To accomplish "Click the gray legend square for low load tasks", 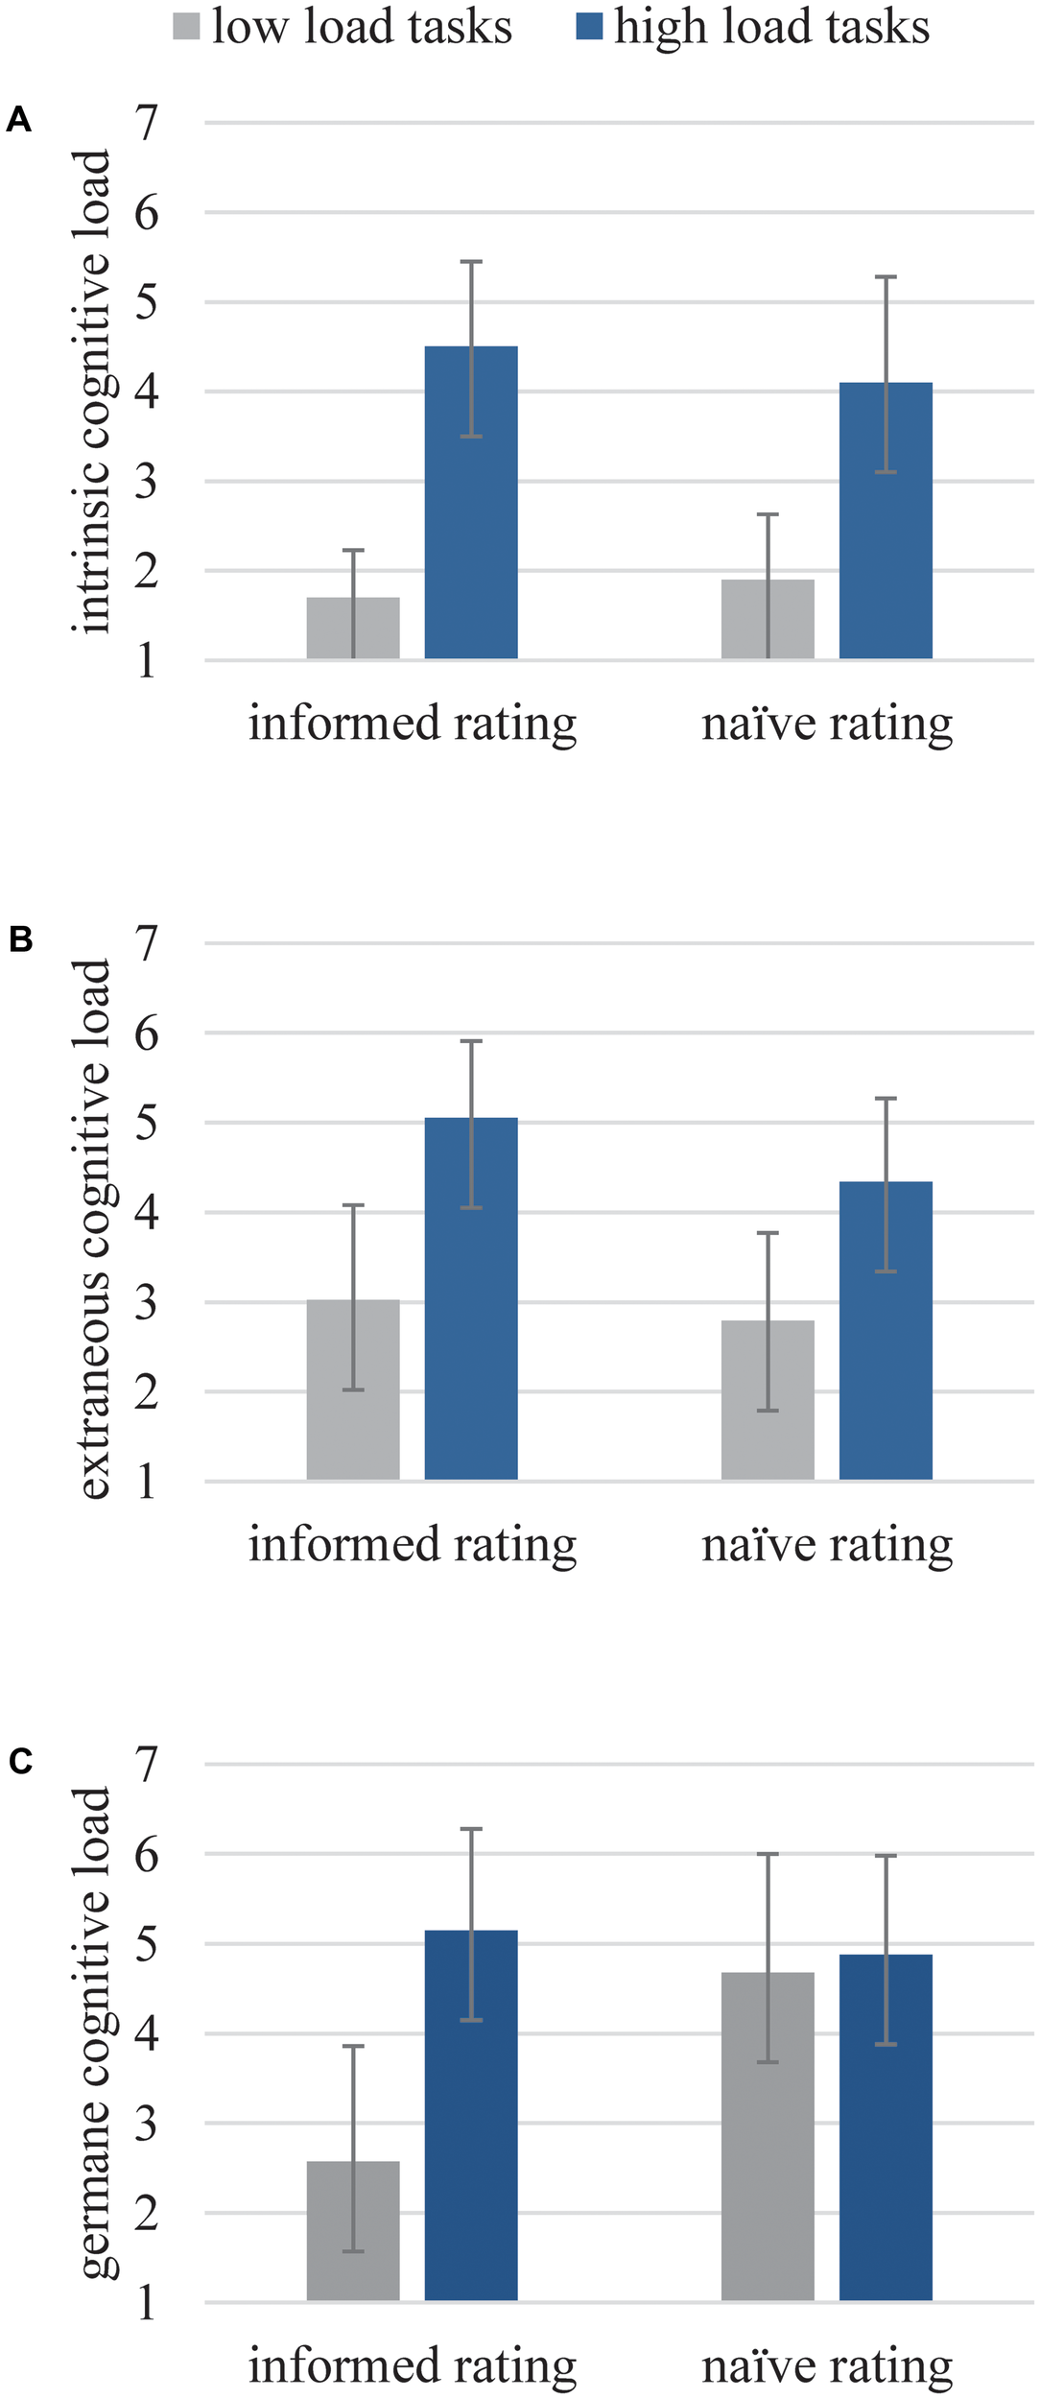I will (186, 27).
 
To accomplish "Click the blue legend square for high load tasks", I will (589, 27).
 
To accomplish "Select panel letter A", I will (18, 120).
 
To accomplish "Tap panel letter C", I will (20, 1762).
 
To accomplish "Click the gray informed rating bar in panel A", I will (353, 629).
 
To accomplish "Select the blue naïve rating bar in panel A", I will (886, 520).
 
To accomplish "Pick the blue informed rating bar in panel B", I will (471, 1298).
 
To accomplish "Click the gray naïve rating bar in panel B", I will (768, 1399).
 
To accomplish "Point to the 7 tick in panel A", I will (146, 123).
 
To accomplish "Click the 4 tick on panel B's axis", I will (146, 1212).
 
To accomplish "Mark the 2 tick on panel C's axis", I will (146, 2213).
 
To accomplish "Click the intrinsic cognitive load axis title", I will (93, 392).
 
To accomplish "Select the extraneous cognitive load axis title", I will (93, 1228).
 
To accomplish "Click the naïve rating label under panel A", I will (827, 724).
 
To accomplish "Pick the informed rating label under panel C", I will (413, 2365).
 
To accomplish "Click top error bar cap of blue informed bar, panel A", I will (471, 261).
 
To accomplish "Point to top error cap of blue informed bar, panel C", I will (471, 1829).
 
